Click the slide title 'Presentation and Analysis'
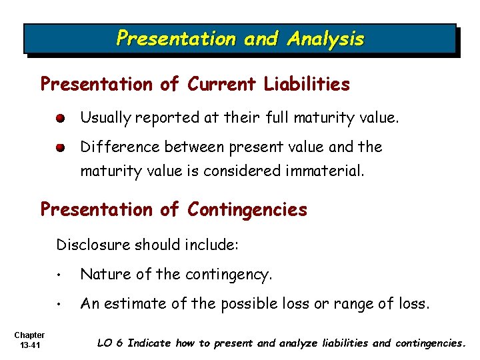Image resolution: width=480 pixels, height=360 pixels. tap(240, 39)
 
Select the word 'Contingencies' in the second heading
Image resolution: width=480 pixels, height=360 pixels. tap(247, 209)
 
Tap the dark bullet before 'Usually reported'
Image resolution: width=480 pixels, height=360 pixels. tap(61, 119)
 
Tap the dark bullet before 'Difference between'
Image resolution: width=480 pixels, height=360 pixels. tap(61, 147)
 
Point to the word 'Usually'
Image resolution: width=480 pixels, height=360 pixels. tap(106, 119)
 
